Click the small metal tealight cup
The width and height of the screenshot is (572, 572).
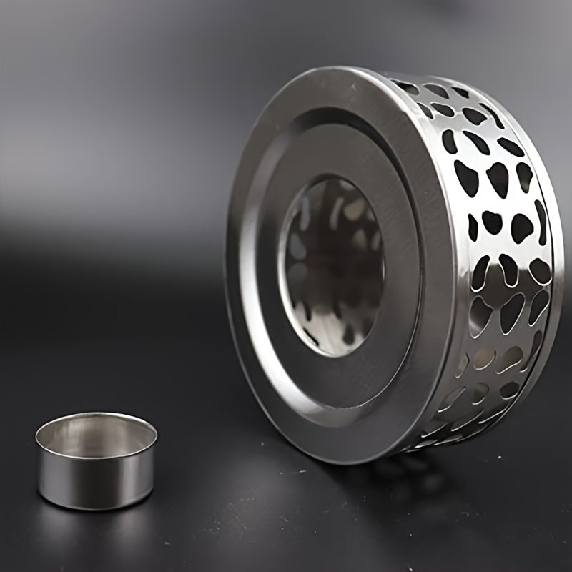96,461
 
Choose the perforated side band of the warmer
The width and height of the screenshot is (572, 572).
500,250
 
